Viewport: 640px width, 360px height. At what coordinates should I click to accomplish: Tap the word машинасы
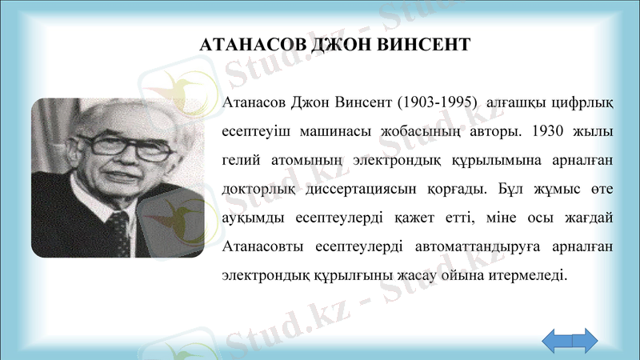(337, 130)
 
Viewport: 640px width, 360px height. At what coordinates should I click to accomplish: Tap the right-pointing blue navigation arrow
(584, 340)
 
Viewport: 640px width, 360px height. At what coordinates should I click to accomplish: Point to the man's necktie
(118, 228)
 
